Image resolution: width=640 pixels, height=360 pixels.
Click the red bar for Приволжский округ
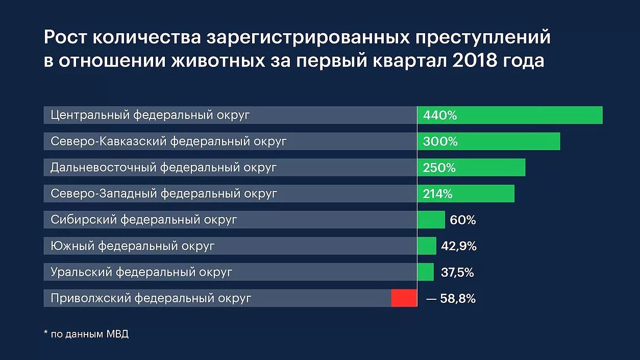click(404, 298)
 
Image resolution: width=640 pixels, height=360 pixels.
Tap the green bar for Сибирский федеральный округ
click(431, 220)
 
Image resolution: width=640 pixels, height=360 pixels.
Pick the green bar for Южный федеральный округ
click(427, 246)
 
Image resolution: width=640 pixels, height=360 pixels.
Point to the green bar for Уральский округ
click(425, 272)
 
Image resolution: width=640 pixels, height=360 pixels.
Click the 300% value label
click(440, 141)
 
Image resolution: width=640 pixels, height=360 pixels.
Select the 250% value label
click(439, 167)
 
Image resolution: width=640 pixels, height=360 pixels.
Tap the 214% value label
click(437, 194)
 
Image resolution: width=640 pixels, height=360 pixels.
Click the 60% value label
click(463, 220)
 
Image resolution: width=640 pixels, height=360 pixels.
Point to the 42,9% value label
click(459, 246)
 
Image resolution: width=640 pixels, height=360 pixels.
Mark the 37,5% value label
click(457, 273)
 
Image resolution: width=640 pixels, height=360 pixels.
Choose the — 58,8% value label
click(451, 299)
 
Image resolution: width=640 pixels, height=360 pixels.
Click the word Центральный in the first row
click(90, 115)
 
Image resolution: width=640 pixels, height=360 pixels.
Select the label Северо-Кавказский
click(108, 141)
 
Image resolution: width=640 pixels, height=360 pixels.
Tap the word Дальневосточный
click(104, 167)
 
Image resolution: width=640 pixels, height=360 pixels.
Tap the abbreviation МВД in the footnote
click(117, 334)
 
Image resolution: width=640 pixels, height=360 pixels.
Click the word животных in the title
click(213, 60)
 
